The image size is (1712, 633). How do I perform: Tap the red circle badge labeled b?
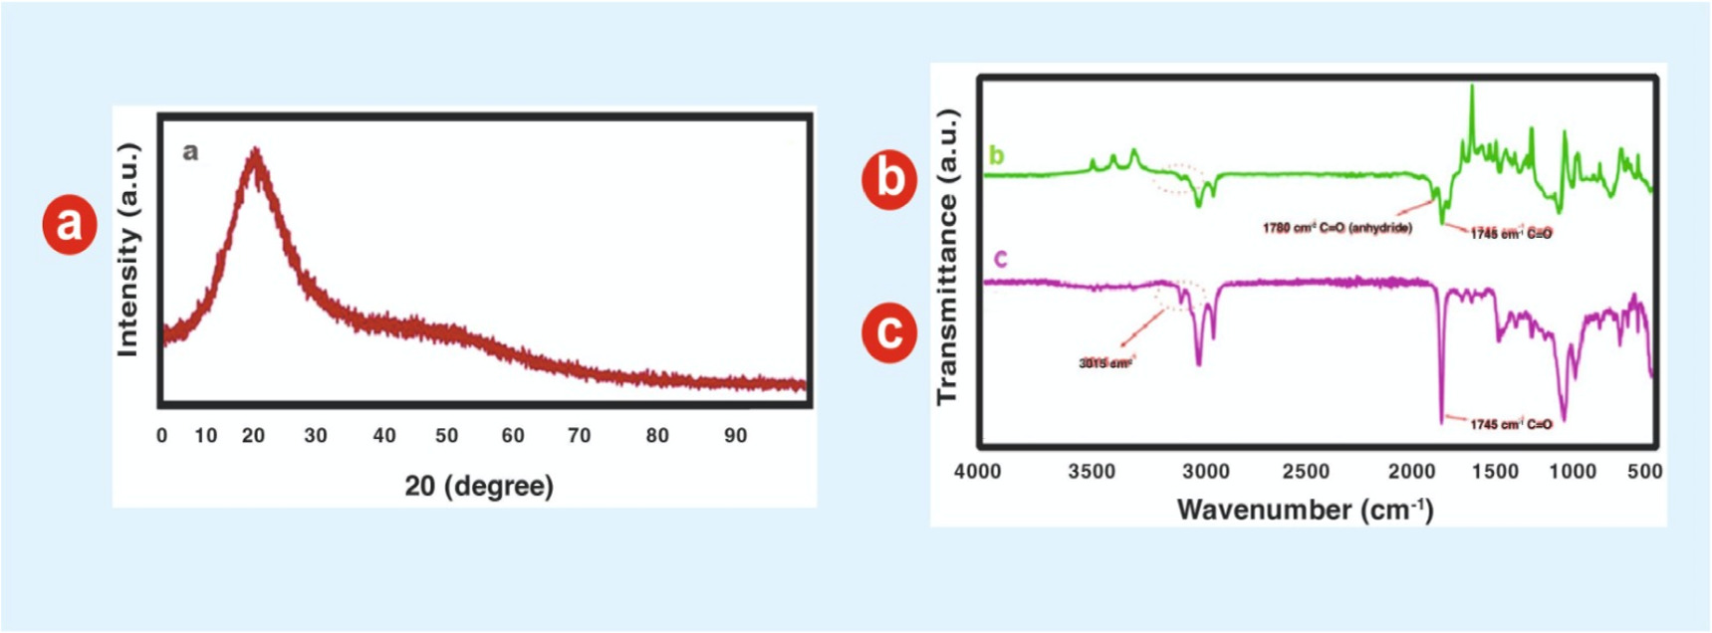tap(888, 179)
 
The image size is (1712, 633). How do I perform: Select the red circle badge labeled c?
tap(888, 331)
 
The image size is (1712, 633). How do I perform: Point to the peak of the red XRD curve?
tap(256, 152)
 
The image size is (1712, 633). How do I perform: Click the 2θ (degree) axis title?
tap(479, 486)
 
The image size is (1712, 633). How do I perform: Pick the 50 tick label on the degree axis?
tap(446, 436)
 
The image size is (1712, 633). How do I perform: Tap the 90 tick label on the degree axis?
tap(735, 436)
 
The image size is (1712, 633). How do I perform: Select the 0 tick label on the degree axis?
tap(162, 436)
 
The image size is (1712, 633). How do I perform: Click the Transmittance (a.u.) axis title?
tap(946, 257)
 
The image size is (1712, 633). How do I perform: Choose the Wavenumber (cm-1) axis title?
tap(1305, 510)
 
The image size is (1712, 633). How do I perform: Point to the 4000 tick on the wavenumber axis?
tap(977, 472)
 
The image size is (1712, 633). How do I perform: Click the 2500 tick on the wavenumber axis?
tap(1306, 472)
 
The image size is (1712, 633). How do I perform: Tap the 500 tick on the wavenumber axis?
tap(1644, 472)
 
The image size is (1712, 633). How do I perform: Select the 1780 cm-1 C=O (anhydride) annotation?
tap(1337, 228)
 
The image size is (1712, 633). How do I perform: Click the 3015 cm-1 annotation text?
tap(1105, 363)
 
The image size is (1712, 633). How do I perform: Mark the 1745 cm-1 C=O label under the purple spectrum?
tap(1511, 424)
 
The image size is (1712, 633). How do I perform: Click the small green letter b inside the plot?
tap(996, 156)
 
